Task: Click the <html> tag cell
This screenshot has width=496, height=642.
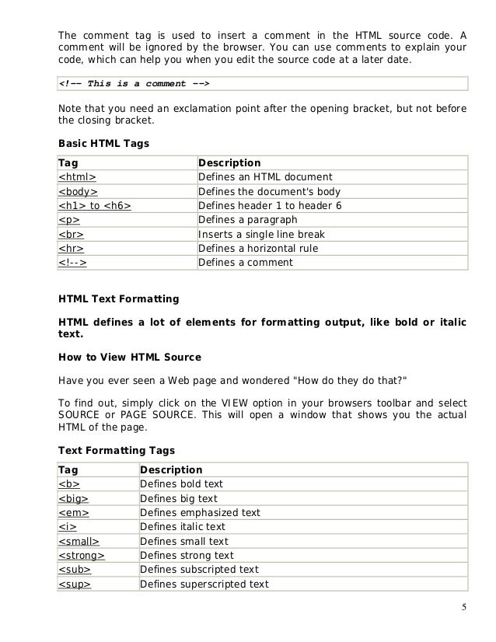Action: click(x=77, y=177)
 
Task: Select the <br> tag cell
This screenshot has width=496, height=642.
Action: click(x=72, y=234)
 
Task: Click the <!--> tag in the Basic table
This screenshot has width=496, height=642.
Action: click(x=72, y=262)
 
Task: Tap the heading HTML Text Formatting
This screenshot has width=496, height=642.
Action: click(x=119, y=298)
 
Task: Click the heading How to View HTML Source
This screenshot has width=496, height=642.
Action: click(x=130, y=358)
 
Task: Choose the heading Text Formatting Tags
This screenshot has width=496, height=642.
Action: click(x=117, y=450)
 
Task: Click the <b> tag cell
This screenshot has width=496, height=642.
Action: click(x=69, y=484)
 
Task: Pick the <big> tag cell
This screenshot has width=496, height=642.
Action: click(x=73, y=498)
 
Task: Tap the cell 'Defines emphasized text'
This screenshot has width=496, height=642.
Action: click(x=199, y=513)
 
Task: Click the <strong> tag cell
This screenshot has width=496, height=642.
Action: click(x=82, y=556)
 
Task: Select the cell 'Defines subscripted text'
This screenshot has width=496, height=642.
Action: click(x=199, y=570)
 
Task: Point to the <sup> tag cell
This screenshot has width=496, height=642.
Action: click(x=75, y=584)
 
